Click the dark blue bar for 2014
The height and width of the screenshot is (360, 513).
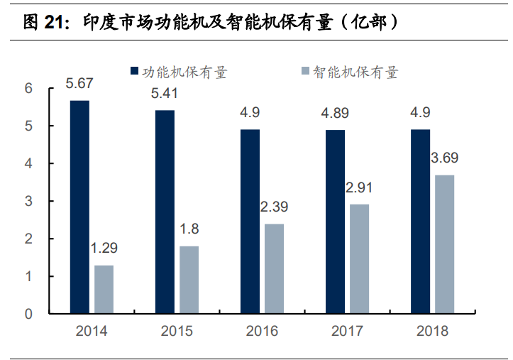point(79,207)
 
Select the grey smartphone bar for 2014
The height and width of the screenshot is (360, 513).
point(104,289)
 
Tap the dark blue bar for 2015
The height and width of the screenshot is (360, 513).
point(165,212)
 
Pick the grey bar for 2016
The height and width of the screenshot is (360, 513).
point(274,268)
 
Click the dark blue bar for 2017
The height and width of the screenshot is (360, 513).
point(335,222)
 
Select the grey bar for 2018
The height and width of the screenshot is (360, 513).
point(444,244)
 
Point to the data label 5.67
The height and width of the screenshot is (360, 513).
point(79,84)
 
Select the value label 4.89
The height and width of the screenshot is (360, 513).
point(335,113)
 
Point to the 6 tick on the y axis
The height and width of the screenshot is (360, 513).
point(29,89)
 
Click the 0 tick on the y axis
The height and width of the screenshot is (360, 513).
point(29,314)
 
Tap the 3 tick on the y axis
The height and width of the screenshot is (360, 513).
point(29,201)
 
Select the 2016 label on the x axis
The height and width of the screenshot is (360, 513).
point(262,331)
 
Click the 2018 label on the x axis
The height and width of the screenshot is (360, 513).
point(432,331)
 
